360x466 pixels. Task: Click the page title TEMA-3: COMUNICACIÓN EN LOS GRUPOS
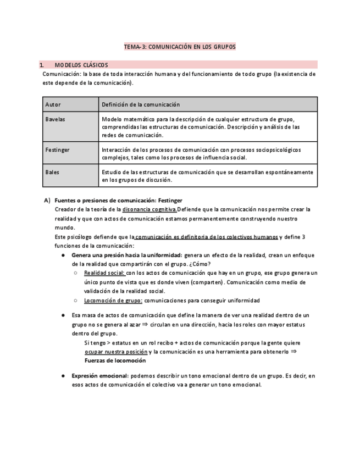[x=180, y=47]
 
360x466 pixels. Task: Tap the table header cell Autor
[x=53, y=104]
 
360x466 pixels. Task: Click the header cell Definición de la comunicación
[x=141, y=104]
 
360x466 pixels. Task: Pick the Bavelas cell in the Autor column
[x=56, y=119]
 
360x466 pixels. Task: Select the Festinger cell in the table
[x=58, y=149]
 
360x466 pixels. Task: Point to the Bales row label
[x=53, y=172]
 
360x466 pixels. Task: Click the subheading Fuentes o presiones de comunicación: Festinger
[x=118, y=201]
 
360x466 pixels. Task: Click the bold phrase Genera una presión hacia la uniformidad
[x=126, y=256]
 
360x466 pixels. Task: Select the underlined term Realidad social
[x=104, y=273]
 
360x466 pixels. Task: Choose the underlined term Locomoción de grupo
[x=113, y=301]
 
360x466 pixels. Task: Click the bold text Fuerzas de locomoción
[x=115, y=360]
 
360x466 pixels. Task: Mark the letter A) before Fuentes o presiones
[x=47, y=201]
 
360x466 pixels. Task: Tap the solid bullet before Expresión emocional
[x=63, y=376]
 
